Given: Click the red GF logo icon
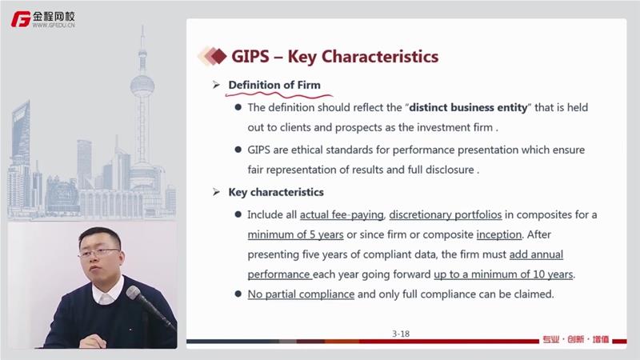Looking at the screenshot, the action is point(21,19).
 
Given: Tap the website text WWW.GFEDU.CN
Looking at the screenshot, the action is point(54,26).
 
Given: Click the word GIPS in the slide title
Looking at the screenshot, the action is point(250,56).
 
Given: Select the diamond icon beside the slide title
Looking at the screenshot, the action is point(213,56).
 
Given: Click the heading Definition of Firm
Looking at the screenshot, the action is point(274,85).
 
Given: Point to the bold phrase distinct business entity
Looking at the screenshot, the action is point(468,107).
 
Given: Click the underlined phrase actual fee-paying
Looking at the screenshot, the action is point(342,214).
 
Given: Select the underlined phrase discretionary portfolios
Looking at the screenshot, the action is point(446,214).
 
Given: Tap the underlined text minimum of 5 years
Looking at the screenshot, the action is point(295,234).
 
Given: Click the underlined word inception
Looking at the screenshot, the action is point(499,234).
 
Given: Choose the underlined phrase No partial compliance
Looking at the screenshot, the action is point(301,294).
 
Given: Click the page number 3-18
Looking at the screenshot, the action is point(401,334).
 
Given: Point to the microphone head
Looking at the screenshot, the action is point(134,293).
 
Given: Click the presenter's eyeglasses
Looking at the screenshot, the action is point(99,253).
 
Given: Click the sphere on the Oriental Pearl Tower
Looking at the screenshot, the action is point(142,86).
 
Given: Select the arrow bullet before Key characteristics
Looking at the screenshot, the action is point(216,192).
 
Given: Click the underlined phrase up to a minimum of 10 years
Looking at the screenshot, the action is point(503,274).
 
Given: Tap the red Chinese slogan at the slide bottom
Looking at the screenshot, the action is point(576,339).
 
